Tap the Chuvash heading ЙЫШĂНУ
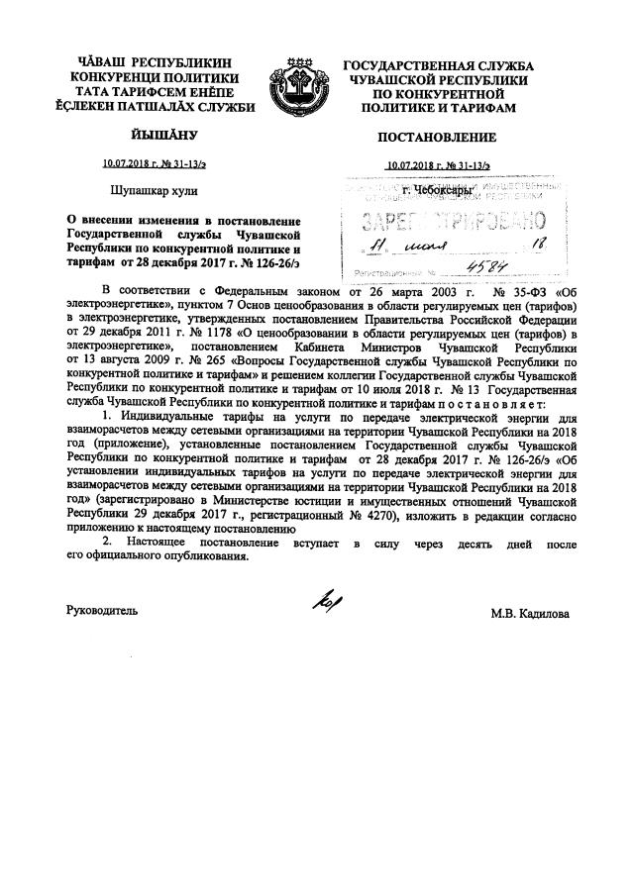pos(156,134)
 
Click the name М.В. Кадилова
pos(529,613)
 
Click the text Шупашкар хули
pos(149,186)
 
